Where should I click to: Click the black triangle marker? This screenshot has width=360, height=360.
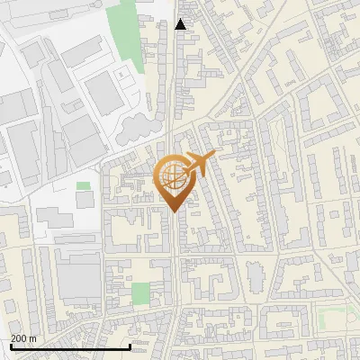point(181,24)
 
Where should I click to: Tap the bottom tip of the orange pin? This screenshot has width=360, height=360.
point(172,211)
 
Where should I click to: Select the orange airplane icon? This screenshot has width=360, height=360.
point(198,164)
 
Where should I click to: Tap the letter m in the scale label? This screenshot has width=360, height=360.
point(33,338)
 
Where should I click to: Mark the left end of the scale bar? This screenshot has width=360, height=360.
point(11,346)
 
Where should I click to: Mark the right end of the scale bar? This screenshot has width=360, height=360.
point(130,346)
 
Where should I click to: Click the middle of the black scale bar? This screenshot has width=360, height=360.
point(70,346)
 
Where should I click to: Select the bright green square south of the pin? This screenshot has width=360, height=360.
point(140,293)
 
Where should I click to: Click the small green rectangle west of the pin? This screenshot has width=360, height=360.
point(83,185)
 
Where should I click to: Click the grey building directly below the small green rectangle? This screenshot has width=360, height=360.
point(85,200)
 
